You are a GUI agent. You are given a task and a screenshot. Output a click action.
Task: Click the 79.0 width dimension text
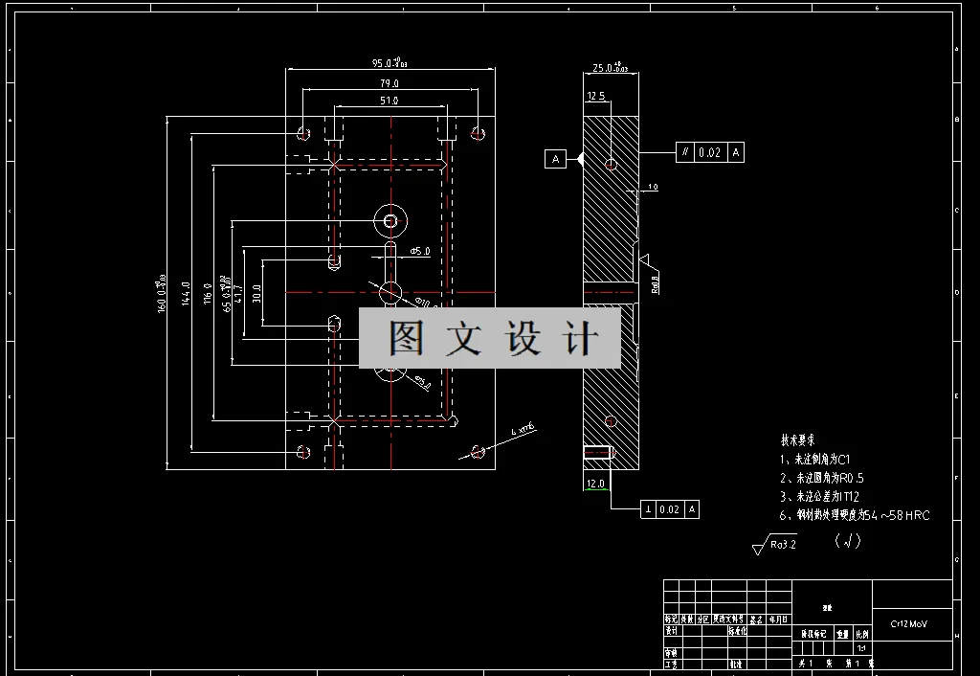[x=389, y=83]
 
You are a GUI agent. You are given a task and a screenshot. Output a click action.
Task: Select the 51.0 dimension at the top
[x=389, y=100]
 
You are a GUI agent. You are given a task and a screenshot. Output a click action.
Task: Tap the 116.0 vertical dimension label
[x=207, y=293]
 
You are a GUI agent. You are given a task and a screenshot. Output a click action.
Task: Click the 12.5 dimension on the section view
[x=596, y=96]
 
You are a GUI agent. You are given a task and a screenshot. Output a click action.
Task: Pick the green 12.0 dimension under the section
[x=595, y=484]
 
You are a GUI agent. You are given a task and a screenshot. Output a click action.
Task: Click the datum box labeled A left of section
[x=556, y=159]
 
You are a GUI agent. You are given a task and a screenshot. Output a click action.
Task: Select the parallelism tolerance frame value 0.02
[x=709, y=152]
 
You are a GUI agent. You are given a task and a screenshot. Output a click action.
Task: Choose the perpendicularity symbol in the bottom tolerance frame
[x=649, y=509]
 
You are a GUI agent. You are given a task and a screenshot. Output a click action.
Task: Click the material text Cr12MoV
[x=908, y=624]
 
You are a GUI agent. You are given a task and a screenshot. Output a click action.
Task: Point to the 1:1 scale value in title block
[x=861, y=647]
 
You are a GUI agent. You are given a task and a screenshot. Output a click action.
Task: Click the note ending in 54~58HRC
[x=854, y=515]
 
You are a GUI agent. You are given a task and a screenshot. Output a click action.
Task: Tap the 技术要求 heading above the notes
[x=798, y=441]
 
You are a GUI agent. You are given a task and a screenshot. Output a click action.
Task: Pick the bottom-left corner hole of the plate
[x=303, y=451]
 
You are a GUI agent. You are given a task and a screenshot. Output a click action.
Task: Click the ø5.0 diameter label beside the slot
[x=419, y=251]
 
